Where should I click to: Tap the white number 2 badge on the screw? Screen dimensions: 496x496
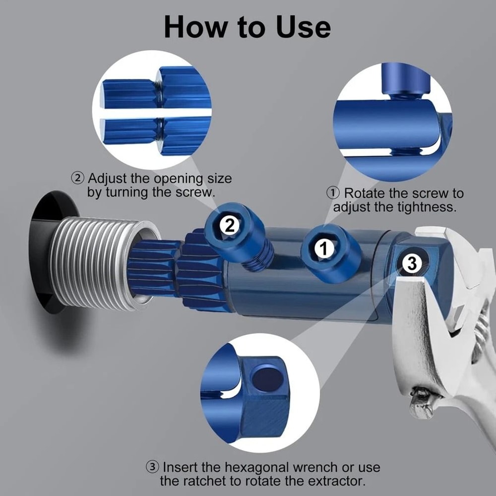point(229,226)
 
